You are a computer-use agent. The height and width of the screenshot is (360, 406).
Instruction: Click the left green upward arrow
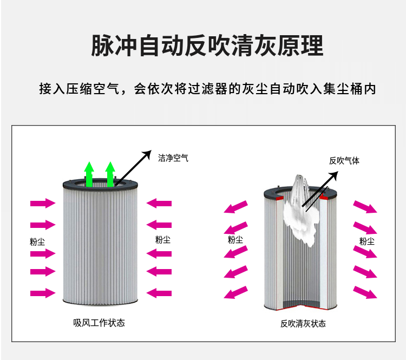(90, 174)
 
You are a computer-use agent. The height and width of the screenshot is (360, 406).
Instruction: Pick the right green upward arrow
(110, 174)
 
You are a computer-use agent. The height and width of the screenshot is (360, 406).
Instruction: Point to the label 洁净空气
(173, 158)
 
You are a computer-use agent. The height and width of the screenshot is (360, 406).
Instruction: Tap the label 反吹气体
(344, 160)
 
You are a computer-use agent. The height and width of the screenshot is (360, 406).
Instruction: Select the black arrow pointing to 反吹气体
(320, 189)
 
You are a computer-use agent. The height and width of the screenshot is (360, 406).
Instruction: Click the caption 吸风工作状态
(99, 323)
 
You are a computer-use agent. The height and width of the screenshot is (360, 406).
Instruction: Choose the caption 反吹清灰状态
(303, 324)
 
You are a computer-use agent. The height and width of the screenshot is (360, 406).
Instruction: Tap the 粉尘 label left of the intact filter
(37, 241)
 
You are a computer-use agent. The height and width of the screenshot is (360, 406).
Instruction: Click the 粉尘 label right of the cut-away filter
(367, 241)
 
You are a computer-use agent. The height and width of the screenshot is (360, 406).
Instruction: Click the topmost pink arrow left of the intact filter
(43, 204)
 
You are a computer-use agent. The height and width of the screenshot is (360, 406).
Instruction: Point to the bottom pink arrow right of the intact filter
(159, 293)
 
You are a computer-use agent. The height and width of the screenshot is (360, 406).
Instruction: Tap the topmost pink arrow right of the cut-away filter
(365, 207)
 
